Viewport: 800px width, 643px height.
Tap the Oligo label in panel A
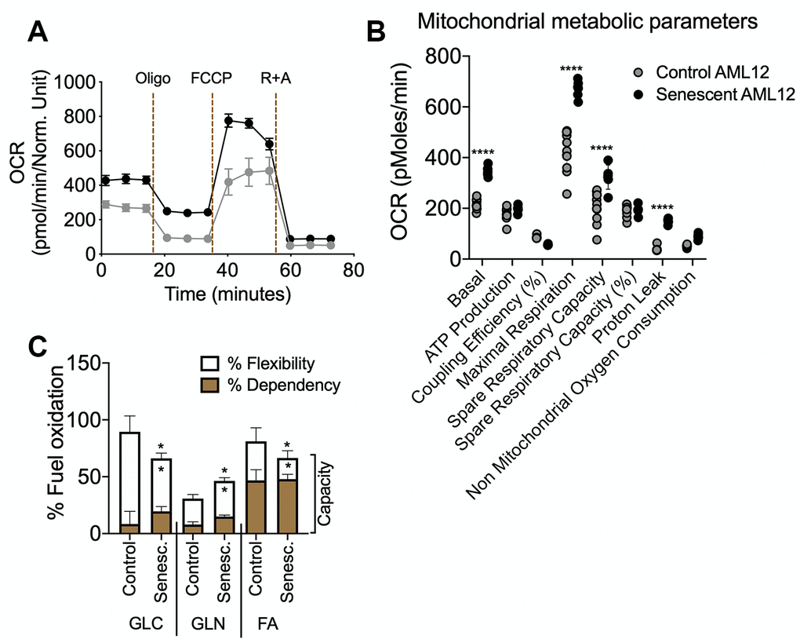[153, 79]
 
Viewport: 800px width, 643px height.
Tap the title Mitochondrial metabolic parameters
[587, 21]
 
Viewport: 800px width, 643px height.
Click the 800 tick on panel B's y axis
[442, 57]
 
